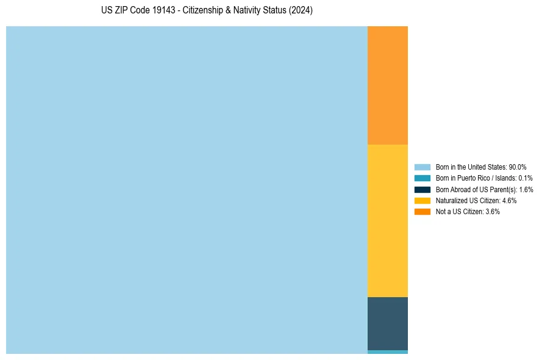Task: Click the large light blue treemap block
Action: tap(187, 190)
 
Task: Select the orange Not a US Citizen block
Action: tap(387, 85)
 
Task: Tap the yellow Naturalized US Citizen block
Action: tap(387, 220)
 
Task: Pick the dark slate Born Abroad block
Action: tap(387, 323)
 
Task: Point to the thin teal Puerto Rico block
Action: tap(387, 352)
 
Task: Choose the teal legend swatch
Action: tap(422, 178)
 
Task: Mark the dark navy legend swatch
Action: tap(422, 190)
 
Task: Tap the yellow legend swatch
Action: tap(422, 201)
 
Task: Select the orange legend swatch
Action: tap(422, 212)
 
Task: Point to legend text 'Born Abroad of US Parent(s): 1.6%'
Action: tap(484, 190)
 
